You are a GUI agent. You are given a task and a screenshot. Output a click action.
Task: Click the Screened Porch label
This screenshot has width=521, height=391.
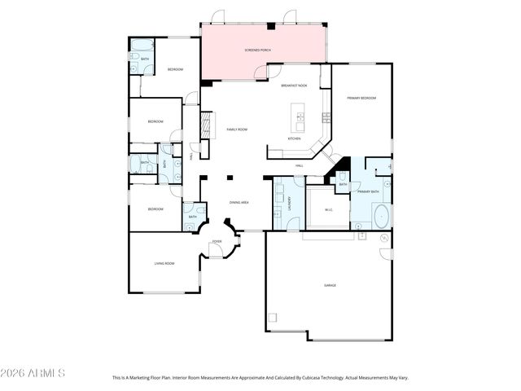(257, 51)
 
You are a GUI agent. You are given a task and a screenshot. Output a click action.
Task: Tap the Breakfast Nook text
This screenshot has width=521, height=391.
(294, 86)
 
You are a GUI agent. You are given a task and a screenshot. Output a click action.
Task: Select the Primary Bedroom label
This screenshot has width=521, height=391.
(361, 98)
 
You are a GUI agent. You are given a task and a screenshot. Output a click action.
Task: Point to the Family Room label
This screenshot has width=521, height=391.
(236, 130)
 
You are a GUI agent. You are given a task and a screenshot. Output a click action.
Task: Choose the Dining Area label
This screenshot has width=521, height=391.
(239, 202)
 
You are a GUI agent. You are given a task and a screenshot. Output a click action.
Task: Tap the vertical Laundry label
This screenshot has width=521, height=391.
(290, 204)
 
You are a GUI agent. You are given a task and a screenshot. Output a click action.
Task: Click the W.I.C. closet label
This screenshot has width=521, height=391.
(329, 209)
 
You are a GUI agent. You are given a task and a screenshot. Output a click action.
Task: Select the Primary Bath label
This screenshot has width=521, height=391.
(368, 191)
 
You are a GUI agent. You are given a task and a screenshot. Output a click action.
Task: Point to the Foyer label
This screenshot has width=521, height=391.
(217, 242)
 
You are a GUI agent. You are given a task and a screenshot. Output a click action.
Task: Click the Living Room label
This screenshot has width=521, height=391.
(164, 263)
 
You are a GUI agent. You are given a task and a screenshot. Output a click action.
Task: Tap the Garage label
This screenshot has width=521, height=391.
(330, 285)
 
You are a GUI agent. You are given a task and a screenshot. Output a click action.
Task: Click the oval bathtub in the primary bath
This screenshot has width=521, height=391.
(381, 216)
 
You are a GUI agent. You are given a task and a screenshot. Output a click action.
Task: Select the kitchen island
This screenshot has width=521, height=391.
(300, 117)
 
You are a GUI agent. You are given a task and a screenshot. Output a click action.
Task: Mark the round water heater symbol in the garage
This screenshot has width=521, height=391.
(383, 238)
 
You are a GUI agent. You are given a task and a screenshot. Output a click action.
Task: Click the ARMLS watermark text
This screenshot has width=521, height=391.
(33, 373)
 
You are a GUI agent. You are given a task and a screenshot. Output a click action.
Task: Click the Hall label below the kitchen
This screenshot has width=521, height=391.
(300, 166)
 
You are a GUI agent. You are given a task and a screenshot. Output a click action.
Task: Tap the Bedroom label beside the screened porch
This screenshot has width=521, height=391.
(175, 69)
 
